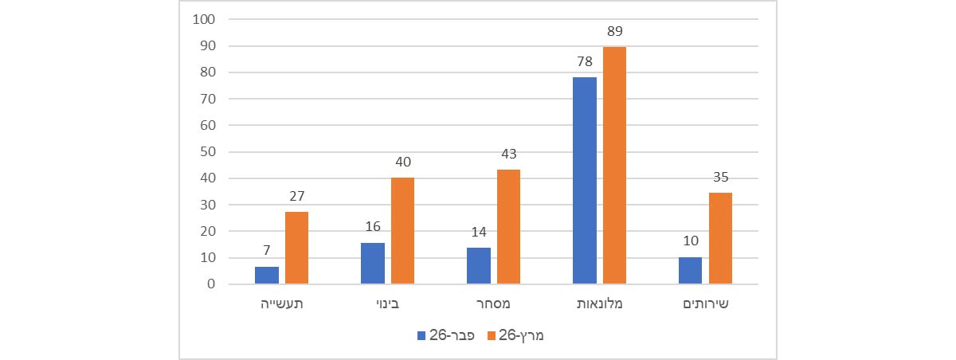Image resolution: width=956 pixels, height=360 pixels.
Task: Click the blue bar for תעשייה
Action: pyautogui.click(x=267, y=276)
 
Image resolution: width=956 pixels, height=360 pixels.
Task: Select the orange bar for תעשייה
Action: pyautogui.click(x=296, y=248)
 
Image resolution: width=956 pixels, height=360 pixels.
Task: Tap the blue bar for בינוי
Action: pyautogui.click(x=373, y=264)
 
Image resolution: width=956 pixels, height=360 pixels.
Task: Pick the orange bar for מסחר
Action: pyautogui.click(x=508, y=227)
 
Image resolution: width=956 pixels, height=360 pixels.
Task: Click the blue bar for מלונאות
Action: pyautogui.click(x=585, y=181)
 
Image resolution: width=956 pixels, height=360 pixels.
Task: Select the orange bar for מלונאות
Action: pyautogui.click(x=614, y=166)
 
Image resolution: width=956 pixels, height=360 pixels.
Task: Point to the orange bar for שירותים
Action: pyautogui.click(x=720, y=238)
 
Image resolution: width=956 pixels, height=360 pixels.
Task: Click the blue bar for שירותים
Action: pyautogui.click(x=691, y=271)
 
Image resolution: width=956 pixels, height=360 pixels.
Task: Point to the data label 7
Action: pyautogui.click(x=266, y=251)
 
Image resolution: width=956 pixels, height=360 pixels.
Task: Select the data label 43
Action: pyautogui.click(x=508, y=154)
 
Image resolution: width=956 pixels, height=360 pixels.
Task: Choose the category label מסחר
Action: pyautogui.click(x=493, y=303)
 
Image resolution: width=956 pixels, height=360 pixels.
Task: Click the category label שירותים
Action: pyautogui.click(x=705, y=303)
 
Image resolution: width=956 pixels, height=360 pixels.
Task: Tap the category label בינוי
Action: pyautogui.click(x=387, y=303)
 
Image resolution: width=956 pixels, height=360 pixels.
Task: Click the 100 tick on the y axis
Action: pyautogui.click(x=205, y=19)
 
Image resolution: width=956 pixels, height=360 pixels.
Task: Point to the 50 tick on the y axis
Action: pyautogui.click(x=208, y=151)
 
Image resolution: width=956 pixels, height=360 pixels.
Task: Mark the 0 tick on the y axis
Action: pyautogui.click(x=211, y=284)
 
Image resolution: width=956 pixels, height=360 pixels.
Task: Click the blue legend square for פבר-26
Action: pyautogui.click(x=421, y=336)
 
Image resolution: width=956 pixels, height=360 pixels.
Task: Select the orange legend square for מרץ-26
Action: pyautogui.click(x=492, y=336)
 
